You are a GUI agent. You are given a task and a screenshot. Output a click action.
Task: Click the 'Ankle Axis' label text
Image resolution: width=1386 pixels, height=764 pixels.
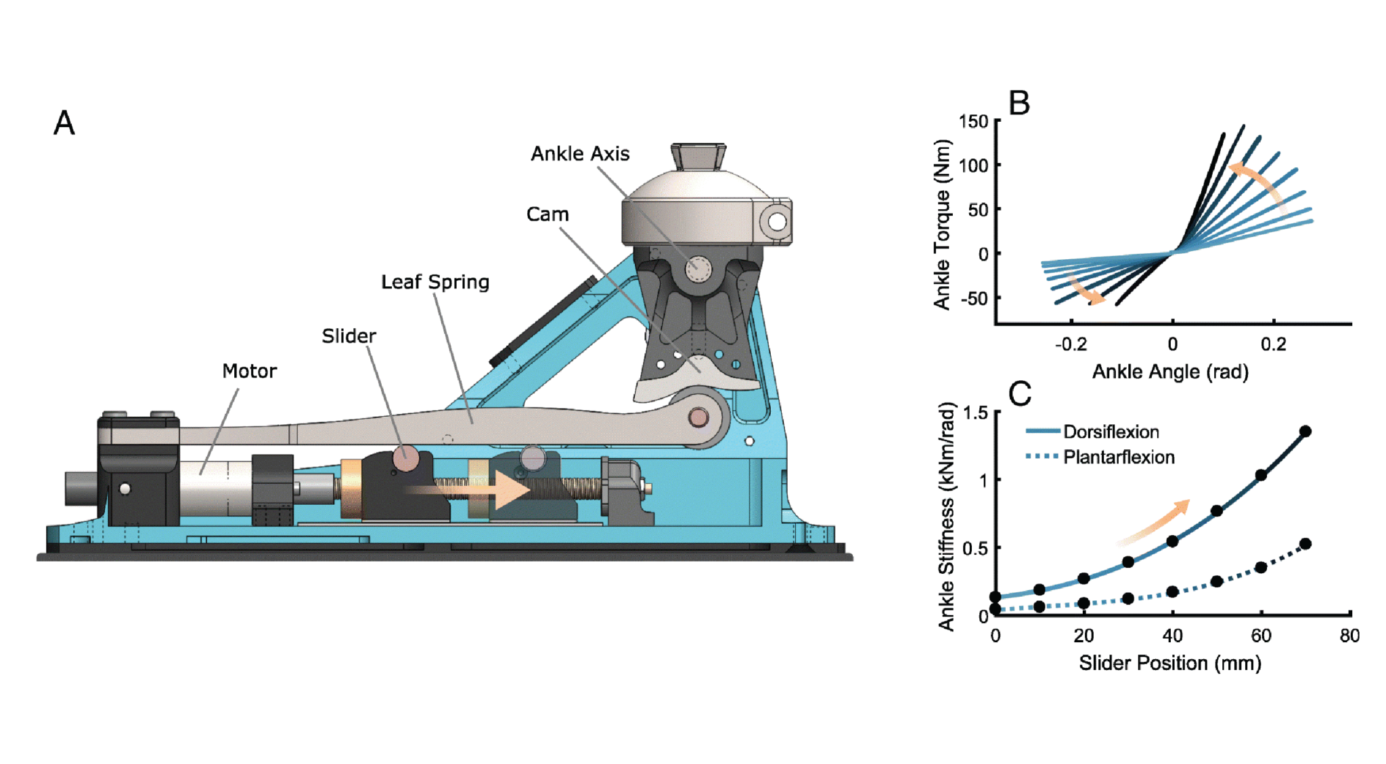[579, 154]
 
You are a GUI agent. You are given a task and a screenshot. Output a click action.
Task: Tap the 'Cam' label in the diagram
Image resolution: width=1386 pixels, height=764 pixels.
[547, 215]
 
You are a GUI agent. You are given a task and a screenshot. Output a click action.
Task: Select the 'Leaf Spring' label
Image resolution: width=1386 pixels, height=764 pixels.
[434, 282]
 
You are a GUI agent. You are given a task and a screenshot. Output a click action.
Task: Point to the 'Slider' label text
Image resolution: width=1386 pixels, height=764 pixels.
[349, 336]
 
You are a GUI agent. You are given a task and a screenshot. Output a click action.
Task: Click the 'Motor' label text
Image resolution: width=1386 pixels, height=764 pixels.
[249, 371]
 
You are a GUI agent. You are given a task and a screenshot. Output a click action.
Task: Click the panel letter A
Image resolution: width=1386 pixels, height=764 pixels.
[64, 123]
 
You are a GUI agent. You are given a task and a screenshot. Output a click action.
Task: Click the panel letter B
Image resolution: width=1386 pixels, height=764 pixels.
[1019, 104]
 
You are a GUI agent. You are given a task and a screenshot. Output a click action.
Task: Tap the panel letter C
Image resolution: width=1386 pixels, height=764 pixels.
[1019, 393]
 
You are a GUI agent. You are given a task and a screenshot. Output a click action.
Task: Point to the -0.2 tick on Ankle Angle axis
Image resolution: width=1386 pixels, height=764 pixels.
[1071, 344]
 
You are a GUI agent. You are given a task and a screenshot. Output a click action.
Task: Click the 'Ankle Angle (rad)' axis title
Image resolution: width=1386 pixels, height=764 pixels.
[1169, 372]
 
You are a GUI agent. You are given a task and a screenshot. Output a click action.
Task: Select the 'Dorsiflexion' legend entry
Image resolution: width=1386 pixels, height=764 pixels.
[1111, 432]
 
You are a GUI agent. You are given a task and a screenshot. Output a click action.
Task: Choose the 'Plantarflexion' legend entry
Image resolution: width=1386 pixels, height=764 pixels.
[1118, 457]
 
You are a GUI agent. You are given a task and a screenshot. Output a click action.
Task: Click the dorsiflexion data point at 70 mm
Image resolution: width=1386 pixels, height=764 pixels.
[1305, 431]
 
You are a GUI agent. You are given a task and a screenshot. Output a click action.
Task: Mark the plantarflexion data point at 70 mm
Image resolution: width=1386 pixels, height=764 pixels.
[1305, 543]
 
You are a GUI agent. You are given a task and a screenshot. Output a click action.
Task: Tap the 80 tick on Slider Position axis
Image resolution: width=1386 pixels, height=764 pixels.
[1349, 635]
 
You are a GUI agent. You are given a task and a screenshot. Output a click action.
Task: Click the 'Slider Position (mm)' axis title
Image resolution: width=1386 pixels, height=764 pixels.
[1169, 662]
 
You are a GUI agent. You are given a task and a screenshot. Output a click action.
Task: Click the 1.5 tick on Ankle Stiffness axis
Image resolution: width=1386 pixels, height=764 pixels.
[975, 413]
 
